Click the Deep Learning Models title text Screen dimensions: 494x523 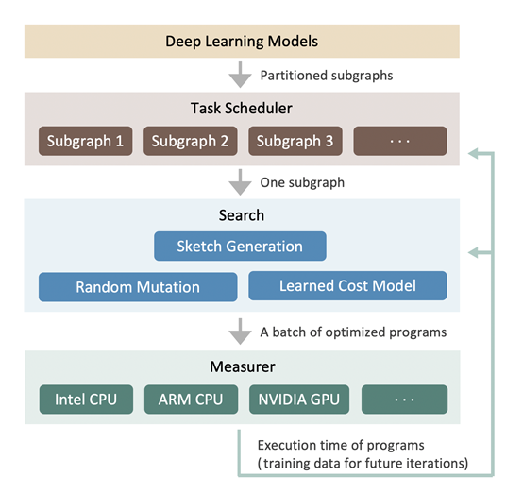pyautogui.click(x=241, y=42)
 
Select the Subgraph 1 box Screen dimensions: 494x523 pyautogui.click(x=86, y=142)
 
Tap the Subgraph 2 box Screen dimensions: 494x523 pyautogui.click(x=191, y=142)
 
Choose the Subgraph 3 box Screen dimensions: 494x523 pyautogui.click(x=295, y=142)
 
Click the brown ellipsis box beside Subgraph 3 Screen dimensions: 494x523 pyautogui.click(x=400, y=142)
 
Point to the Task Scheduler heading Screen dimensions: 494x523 pyautogui.click(x=241, y=109)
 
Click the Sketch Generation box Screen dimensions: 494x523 pyautogui.click(x=240, y=247)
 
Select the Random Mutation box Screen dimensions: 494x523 pyautogui.click(x=138, y=287)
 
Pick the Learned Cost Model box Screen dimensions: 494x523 pyautogui.click(x=347, y=286)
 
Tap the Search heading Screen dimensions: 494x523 pyautogui.click(x=241, y=215)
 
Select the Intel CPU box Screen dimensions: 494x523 pyautogui.click(x=86, y=400)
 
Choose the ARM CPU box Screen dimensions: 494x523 pyautogui.click(x=191, y=400)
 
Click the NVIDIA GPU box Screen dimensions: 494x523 pyautogui.click(x=295, y=400)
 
